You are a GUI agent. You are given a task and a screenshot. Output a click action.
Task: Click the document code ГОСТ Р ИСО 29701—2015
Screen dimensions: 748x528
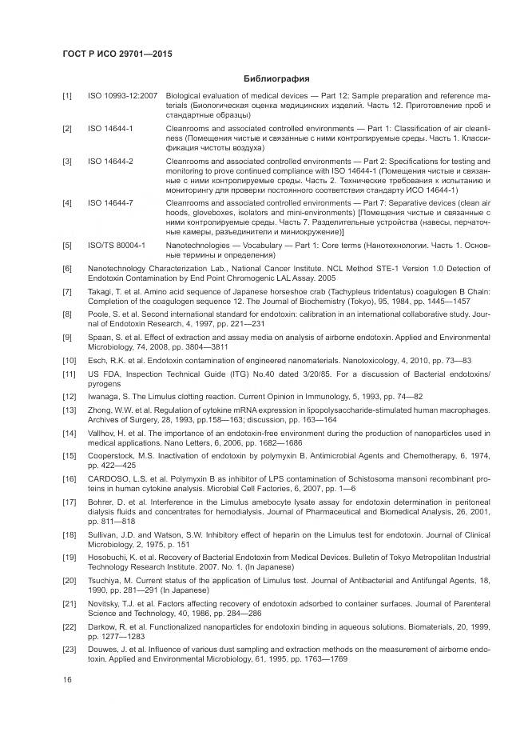click(117, 54)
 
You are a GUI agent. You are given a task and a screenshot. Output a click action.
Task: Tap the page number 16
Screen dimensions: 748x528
click(67, 680)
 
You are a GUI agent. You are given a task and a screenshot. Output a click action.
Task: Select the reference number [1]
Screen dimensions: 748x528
click(67, 97)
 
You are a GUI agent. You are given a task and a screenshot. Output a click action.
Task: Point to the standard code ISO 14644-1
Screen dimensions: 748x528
click(110, 128)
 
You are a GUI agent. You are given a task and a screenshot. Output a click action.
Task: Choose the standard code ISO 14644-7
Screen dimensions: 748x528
click(110, 203)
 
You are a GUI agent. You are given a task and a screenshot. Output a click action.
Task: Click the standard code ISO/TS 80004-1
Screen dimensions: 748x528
click(116, 244)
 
